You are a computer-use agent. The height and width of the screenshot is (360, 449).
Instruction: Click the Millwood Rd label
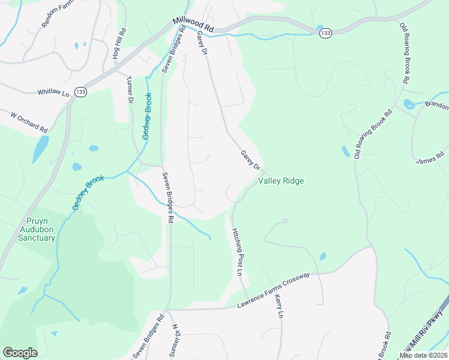pos(193,24)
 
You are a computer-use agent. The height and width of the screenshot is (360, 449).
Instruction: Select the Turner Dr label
pos(130,90)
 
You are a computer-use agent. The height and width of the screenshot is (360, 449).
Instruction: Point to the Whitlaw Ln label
pos(53,92)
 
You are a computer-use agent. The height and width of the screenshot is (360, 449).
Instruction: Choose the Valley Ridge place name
pos(281,181)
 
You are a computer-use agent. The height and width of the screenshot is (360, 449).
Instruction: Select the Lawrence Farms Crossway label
pos(273,290)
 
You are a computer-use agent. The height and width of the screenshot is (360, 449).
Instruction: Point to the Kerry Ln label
pos(278,306)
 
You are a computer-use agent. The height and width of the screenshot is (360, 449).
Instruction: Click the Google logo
pos(20,353)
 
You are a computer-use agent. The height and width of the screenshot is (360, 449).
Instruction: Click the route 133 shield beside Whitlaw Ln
pos(80,91)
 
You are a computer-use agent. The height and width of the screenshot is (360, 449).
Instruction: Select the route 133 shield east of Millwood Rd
pos(325,33)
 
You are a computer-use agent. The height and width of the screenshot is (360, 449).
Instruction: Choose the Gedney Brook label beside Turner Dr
pos(146,116)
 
